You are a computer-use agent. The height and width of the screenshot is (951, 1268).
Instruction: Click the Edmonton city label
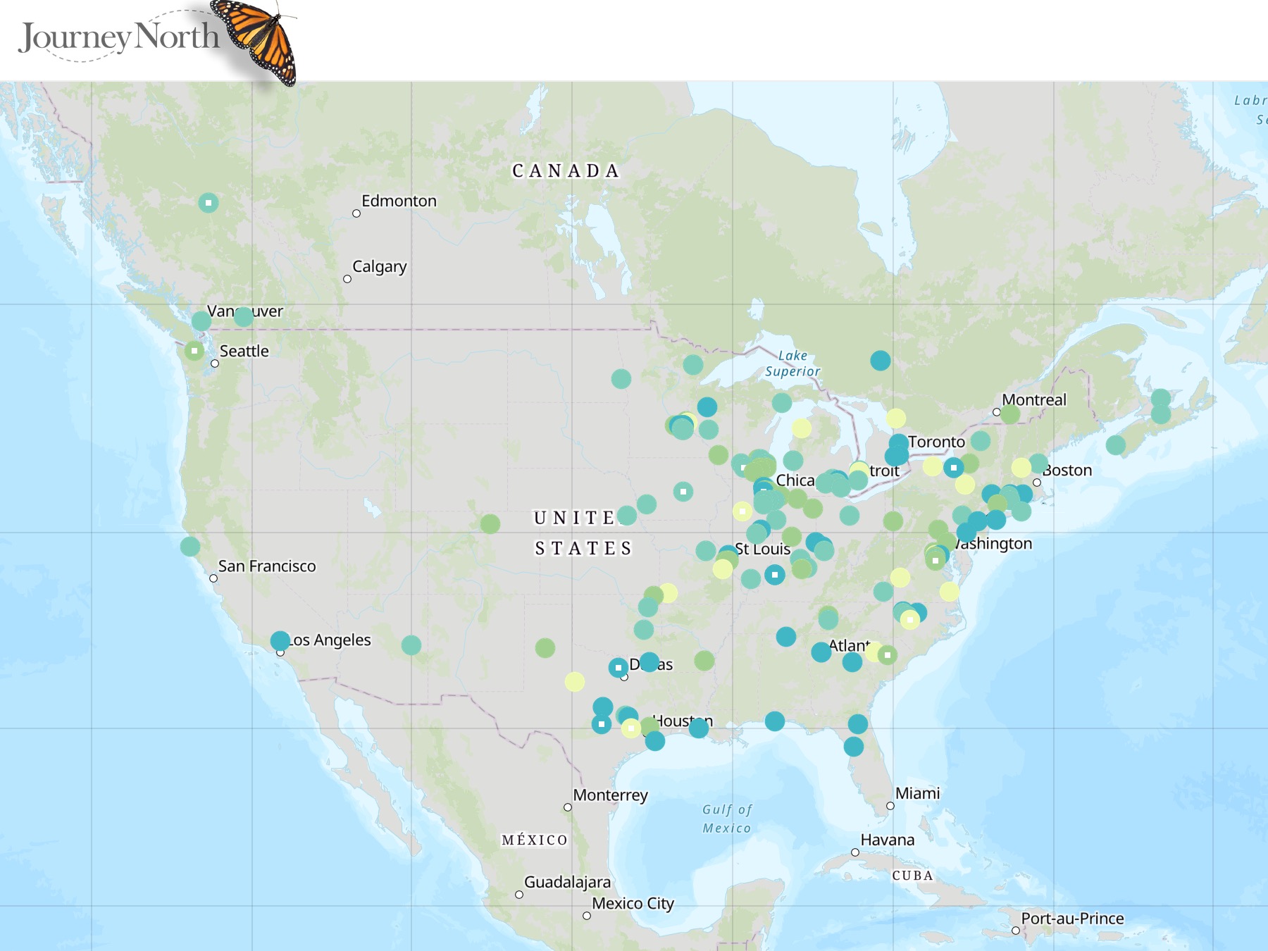(399, 201)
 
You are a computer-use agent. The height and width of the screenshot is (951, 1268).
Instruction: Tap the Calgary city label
(379, 267)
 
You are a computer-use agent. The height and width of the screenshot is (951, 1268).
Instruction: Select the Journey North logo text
(118, 37)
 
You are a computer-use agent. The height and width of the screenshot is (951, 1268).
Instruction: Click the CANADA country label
(566, 171)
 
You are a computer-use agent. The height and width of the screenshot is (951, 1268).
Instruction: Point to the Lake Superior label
(792, 363)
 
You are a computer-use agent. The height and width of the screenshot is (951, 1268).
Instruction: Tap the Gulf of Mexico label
(727, 819)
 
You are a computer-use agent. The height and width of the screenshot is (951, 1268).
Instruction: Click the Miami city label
(917, 794)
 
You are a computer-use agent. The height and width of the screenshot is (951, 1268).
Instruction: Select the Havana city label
(888, 840)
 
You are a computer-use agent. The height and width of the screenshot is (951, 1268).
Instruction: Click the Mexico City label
(633, 904)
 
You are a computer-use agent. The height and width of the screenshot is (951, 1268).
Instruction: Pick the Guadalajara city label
(567, 883)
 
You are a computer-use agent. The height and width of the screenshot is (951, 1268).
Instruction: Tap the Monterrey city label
(610, 795)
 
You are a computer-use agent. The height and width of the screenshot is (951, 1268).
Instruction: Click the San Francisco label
(267, 566)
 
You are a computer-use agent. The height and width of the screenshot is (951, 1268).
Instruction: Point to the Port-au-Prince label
(1072, 919)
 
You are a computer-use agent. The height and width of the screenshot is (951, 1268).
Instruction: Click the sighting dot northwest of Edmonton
(208, 203)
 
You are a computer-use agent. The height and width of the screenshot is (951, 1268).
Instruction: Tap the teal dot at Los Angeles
(280, 640)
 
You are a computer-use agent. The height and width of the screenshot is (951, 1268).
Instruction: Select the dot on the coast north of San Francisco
(190, 546)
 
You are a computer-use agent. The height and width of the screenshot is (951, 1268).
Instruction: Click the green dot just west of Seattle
(194, 351)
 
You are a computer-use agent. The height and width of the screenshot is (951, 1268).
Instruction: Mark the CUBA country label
(912, 876)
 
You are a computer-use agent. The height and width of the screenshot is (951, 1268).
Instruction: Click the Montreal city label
(1034, 400)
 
